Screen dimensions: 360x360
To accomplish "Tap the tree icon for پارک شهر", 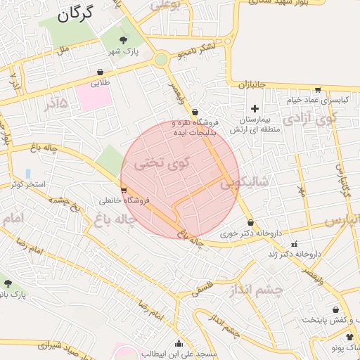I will pos(124,40).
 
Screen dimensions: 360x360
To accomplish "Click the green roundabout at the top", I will pos(162,60).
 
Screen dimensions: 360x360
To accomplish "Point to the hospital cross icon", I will pos(255,108).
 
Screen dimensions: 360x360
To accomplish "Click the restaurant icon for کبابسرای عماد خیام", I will pos(318,89).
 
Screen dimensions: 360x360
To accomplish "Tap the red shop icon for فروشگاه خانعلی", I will pos(124,190).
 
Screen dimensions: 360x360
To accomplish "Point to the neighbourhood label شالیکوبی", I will pos(245,183).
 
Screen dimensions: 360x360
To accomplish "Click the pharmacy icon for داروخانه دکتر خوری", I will pos(250,223).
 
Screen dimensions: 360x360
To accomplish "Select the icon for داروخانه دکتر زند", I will pos(295,245).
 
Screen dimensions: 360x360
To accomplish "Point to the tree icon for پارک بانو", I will pos(8,283).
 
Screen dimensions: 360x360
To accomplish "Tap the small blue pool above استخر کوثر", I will pos(28,173).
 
